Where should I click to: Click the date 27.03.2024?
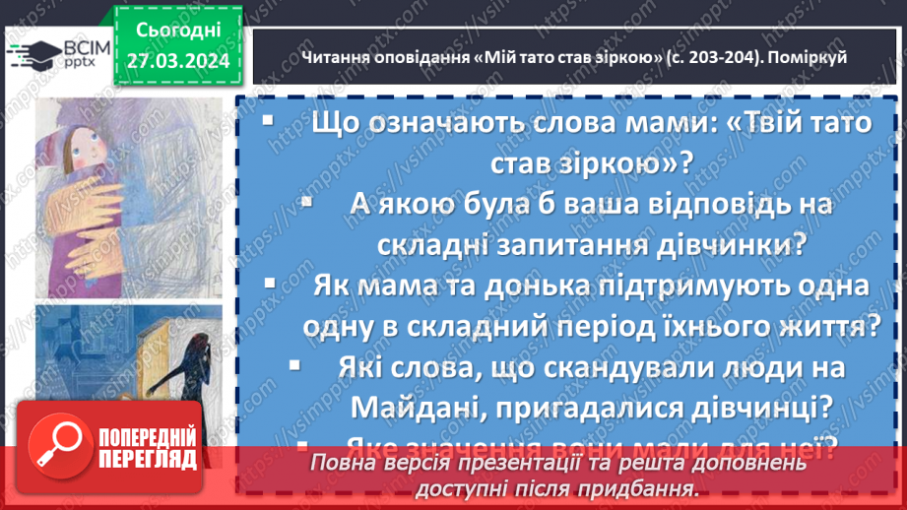tap(178, 61)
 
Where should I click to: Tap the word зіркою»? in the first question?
tap(630, 162)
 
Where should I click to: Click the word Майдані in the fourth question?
tap(404, 405)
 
